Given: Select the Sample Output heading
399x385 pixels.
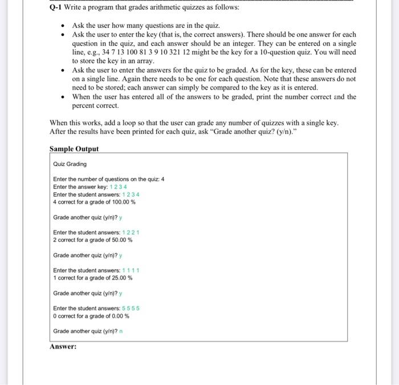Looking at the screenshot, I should (74, 149).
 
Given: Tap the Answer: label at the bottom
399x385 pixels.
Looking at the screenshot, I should (63, 346).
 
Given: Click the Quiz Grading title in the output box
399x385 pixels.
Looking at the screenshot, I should (70, 164).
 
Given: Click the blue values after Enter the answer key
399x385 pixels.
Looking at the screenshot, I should (118, 187).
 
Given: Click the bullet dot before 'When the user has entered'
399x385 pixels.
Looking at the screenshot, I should (62, 97).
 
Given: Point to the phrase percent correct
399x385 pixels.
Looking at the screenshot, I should (95, 106).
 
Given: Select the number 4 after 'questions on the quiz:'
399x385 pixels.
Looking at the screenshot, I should (162, 179).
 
